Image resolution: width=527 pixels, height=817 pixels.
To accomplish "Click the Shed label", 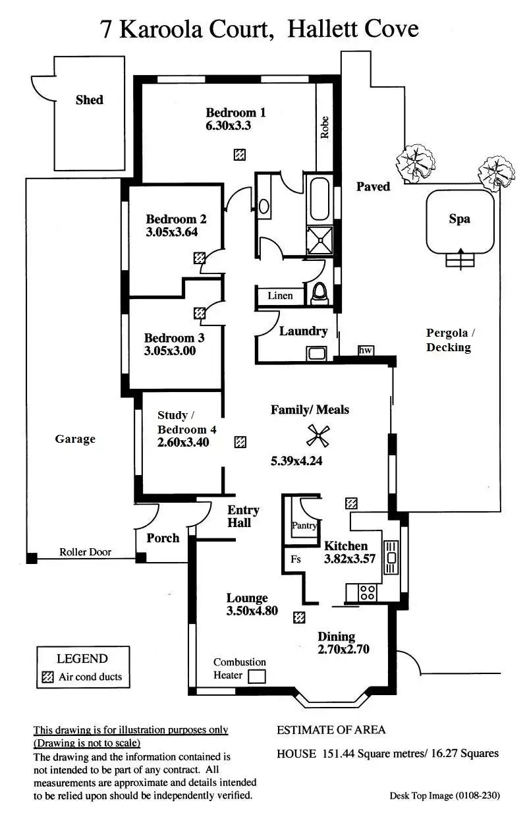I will coord(89,100).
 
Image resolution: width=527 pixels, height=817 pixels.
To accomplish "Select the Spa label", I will coord(459,219).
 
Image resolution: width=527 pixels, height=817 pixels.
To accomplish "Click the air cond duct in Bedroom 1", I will coord(240,155).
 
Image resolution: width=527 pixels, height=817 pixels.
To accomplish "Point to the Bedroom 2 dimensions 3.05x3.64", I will coord(172,232).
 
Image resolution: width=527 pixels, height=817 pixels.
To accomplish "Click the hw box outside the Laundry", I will coord(365,351).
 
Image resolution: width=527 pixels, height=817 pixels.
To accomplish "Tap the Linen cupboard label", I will coord(280,296).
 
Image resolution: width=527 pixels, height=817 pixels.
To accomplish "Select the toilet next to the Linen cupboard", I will coord(320,293).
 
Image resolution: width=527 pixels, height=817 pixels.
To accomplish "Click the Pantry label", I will coord(304,526).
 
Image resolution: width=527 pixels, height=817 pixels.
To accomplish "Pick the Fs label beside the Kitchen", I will coord(296,559).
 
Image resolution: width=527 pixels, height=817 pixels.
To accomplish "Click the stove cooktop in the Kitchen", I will coord(367,592).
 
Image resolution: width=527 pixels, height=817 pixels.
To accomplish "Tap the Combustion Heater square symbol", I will coord(257,676).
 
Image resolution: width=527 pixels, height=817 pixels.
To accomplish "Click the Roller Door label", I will coord(86,552).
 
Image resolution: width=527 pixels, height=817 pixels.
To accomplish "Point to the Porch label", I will coord(163,538).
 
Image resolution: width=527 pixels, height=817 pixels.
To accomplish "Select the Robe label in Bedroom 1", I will coord(324,127).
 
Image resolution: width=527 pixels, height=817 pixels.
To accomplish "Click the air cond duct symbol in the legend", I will coord(47,677).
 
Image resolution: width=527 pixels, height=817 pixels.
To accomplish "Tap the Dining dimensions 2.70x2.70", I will coord(343,649).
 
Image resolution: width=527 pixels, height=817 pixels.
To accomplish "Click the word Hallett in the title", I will coord(318,29).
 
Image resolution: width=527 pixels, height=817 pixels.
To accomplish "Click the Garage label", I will coord(75,439).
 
